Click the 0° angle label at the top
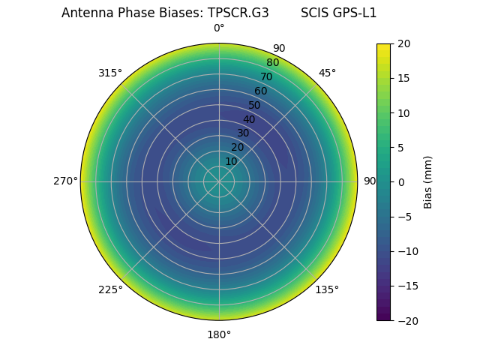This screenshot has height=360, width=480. [x=219, y=28]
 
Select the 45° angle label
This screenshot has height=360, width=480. [x=327, y=73]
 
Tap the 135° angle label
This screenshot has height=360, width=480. [x=327, y=289]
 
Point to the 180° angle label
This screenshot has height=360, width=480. [x=219, y=334]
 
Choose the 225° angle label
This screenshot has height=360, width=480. [x=110, y=289]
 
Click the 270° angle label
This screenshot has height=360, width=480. [x=65, y=181]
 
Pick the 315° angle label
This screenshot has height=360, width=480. [x=110, y=73]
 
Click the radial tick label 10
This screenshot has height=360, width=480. [x=231, y=161]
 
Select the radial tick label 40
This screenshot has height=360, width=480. [x=249, y=119]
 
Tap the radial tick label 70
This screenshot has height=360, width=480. [x=266, y=76]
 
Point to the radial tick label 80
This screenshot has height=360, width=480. [x=272, y=62]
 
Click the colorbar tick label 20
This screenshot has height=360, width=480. [x=403, y=43]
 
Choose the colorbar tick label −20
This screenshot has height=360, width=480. [x=406, y=320]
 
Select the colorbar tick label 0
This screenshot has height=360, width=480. [x=400, y=181]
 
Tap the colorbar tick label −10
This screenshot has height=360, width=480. [x=406, y=251]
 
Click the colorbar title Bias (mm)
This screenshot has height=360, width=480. [x=428, y=181]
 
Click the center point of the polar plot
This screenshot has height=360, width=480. [x=219, y=181]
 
